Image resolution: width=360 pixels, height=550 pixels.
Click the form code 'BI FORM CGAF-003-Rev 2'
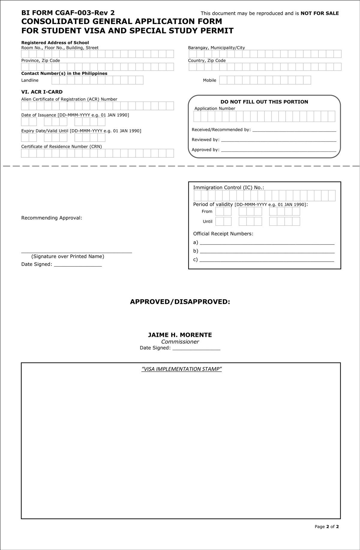68,13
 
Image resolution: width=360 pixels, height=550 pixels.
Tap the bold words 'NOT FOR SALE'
319,13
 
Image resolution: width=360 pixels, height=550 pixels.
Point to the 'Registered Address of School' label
55,43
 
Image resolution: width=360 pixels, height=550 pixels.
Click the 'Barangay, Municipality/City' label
216,48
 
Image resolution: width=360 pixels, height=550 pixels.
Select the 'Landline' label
30,80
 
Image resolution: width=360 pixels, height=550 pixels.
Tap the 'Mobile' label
209,80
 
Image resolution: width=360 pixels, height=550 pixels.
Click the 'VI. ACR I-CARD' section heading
42,92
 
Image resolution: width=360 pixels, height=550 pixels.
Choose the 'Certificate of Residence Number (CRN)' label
61,147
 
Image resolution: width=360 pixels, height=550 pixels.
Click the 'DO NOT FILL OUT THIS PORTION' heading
264,102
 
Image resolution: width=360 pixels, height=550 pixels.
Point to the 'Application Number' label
215,109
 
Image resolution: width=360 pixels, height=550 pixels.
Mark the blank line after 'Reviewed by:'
278,140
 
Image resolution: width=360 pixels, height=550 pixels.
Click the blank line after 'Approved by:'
278,150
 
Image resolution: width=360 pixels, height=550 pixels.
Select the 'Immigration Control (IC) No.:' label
229,188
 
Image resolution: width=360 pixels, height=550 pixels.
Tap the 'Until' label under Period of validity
208,221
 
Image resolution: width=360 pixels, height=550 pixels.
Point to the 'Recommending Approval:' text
52,218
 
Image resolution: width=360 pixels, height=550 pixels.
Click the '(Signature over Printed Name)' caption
68,257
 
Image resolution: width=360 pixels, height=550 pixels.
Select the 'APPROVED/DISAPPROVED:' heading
180,302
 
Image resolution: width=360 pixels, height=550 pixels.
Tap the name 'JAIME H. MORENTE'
180,335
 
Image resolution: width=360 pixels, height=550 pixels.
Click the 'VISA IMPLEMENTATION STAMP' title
181,369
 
